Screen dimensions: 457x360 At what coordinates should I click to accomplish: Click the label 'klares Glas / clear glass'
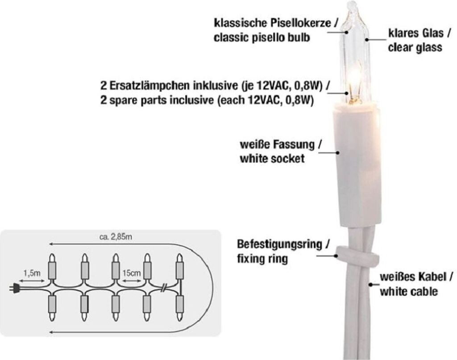[415, 40]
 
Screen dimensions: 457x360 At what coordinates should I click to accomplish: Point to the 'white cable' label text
[408, 292]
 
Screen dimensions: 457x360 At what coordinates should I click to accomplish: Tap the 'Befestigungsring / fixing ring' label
[283, 251]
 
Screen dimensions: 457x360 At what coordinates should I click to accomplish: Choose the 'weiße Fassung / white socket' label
[280, 151]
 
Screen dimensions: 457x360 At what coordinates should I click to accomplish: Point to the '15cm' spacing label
[133, 272]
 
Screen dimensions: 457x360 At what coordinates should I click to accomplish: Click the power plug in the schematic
[15, 289]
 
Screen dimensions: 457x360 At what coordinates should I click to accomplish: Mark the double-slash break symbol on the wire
[164, 288]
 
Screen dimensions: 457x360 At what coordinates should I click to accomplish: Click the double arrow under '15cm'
[133, 281]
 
